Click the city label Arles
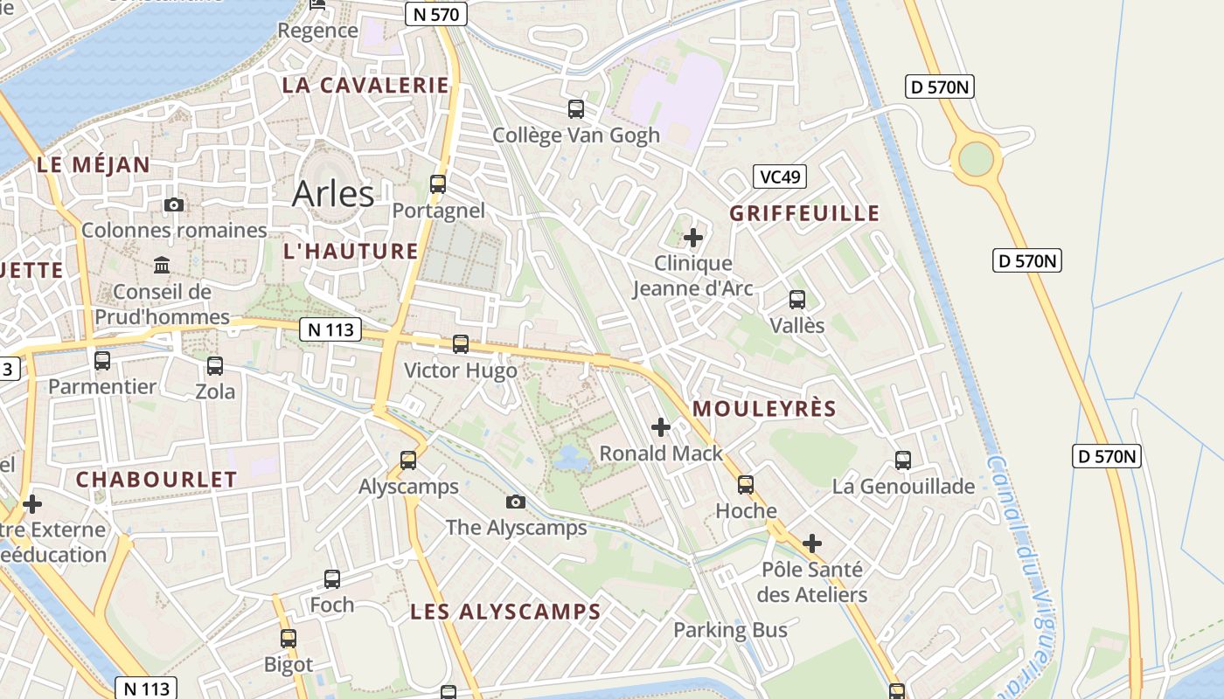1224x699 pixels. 333,193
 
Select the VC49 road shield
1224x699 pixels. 779,177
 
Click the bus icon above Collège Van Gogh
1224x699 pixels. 576,109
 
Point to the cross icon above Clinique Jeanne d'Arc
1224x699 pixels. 693,237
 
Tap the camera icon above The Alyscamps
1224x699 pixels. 516,502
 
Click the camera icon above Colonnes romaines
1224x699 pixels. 174,204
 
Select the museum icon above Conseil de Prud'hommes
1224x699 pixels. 162,265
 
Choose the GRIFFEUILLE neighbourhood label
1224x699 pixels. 804,214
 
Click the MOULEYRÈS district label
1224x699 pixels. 764,409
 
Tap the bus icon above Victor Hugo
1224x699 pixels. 461,344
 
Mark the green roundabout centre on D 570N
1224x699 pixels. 976,159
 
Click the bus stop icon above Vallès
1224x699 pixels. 797,300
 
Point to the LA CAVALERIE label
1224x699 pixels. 365,86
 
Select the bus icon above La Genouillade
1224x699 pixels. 903,460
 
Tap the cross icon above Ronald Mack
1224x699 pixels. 661,427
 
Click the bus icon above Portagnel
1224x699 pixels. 438,184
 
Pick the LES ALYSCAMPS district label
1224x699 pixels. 505,612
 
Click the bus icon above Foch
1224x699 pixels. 332,578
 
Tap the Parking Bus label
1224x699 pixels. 730,630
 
